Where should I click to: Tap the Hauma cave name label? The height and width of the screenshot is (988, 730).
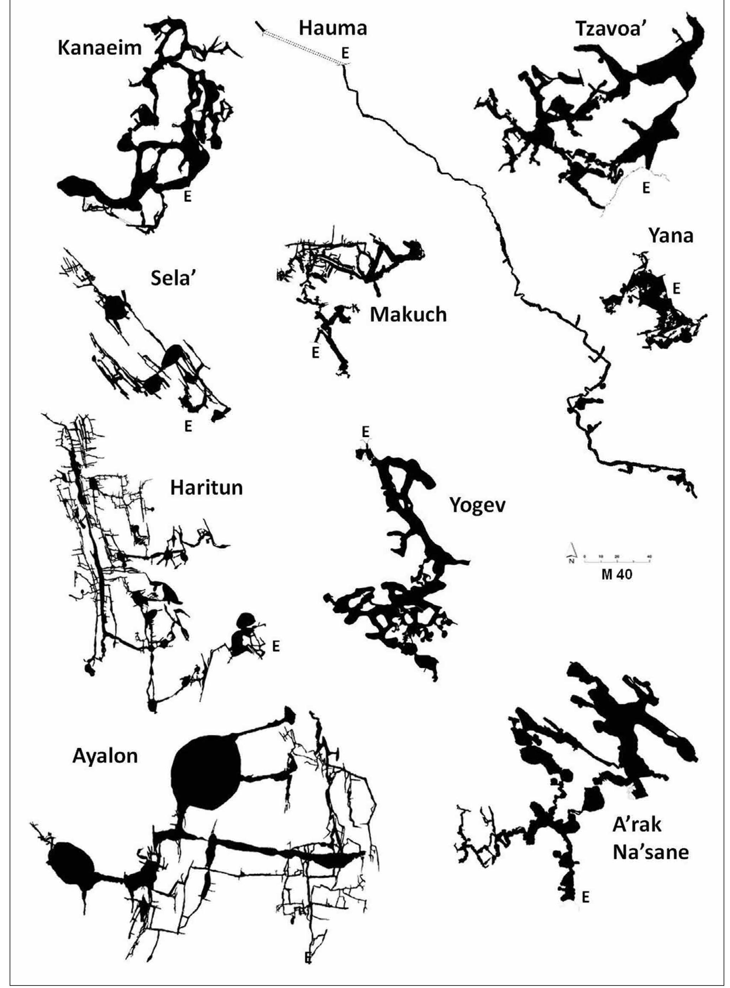click(333, 28)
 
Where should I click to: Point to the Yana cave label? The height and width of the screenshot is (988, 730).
click(671, 236)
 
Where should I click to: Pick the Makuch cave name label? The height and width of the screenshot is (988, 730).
click(408, 315)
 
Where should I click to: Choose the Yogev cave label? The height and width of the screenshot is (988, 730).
click(477, 505)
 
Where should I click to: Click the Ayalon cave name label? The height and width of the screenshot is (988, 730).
click(105, 756)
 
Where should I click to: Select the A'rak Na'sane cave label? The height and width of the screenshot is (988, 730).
click(650, 838)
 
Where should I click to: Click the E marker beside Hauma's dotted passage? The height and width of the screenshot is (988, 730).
click(345, 53)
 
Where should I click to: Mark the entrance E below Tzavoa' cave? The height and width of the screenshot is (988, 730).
click(646, 188)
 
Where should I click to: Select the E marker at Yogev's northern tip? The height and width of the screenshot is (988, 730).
click(366, 432)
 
